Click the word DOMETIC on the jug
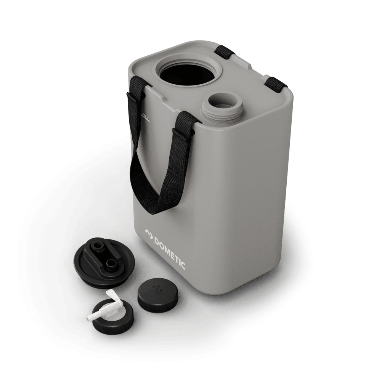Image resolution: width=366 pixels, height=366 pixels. click(x=170, y=252)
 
